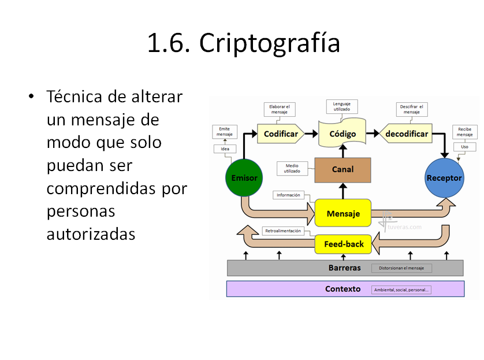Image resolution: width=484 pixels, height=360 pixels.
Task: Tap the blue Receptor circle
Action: click(444, 177)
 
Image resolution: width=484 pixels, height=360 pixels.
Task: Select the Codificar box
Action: click(281, 134)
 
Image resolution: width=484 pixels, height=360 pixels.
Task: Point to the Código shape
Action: click(342, 134)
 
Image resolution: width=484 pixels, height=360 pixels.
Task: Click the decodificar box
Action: click(407, 134)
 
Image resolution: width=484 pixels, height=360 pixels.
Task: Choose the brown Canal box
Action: click(342, 170)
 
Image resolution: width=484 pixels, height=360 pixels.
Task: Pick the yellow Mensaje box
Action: click(342, 213)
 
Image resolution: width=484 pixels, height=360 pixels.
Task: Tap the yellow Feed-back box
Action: click(343, 244)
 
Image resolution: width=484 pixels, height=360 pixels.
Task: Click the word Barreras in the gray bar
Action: click(344, 268)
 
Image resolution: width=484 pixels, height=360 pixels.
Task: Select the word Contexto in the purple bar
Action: click(342, 289)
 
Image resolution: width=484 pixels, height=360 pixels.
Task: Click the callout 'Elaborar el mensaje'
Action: click(280, 109)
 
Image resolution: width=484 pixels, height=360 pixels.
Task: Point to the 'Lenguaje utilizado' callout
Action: click(342, 106)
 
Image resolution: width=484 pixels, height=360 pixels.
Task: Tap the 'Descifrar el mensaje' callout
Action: click(412, 109)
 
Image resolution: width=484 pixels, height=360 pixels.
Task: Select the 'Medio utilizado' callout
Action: click(292, 168)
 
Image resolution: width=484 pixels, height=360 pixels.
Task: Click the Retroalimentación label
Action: click(283, 231)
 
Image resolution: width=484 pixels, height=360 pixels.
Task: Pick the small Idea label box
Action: click(225, 149)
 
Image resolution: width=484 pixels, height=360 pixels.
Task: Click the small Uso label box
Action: click(464, 147)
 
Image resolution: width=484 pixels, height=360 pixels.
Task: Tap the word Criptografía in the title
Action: click(270, 44)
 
